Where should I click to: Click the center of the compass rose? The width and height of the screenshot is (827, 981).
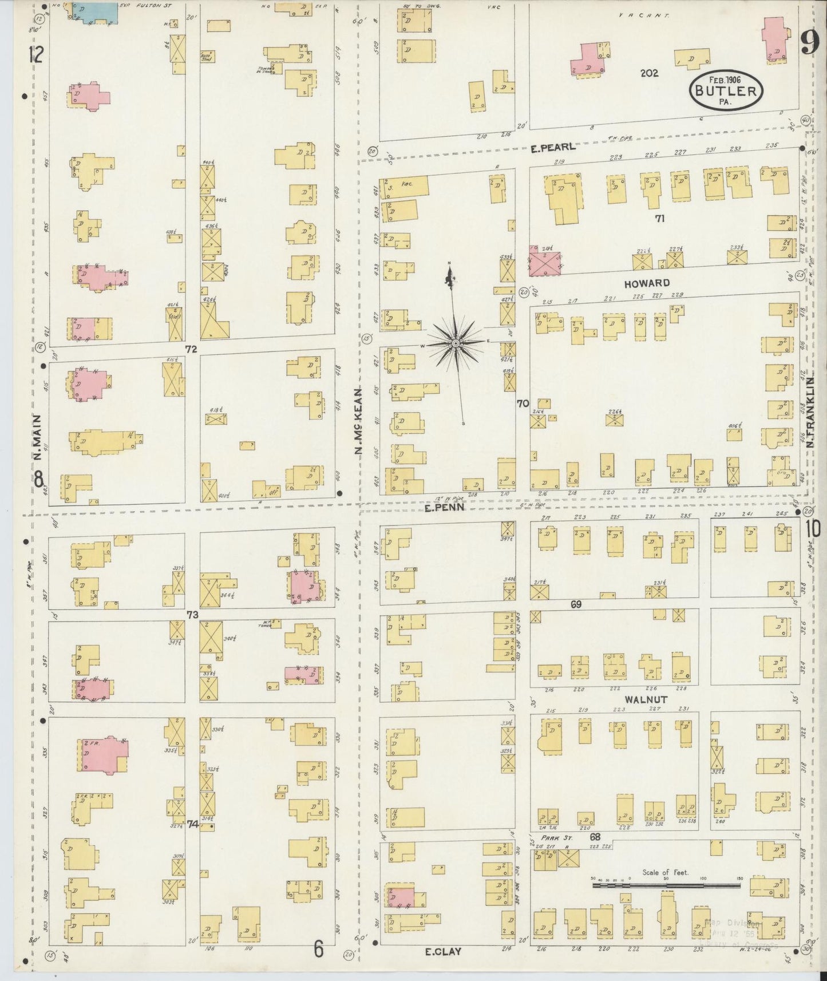(456, 343)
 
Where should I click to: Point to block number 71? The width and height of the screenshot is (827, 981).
(660, 217)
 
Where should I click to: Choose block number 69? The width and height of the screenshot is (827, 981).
(576, 604)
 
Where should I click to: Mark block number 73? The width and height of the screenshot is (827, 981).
(192, 615)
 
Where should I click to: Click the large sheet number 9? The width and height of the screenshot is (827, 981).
(809, 42)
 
